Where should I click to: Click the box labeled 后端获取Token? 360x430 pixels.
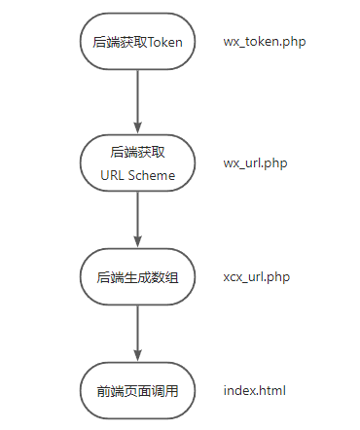[x=137, y=42]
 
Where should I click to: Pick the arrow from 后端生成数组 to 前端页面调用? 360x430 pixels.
[x=137, y=334]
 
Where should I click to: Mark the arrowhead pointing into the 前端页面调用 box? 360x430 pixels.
[x=137, y=359]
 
